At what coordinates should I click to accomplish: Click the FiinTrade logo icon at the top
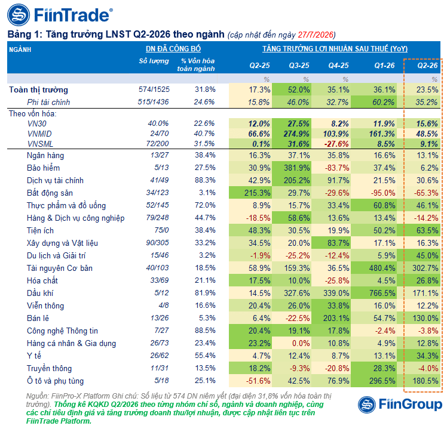pos(19,15)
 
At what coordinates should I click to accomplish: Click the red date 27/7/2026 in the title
pos(316,35)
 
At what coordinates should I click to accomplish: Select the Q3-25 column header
pos(299,66)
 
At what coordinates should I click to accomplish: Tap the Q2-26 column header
pos(427,66)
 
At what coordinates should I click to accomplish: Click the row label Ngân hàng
pos(45,156)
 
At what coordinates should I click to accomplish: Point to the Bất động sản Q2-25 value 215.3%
pos(257,193)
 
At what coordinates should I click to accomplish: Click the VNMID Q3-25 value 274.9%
pos(296,134)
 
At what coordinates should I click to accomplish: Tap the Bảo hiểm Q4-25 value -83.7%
pos(337,168)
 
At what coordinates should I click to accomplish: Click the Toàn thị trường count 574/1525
pos(154,89)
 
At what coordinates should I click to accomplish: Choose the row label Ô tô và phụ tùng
pos(56,381)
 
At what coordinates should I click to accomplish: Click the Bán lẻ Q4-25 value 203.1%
pos(336,318)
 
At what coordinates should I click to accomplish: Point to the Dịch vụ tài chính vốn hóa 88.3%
pos(205,180)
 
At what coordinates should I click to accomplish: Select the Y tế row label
pos(34,356)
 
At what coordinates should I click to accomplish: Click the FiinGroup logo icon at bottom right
pos(367,405)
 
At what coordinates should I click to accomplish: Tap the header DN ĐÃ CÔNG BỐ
pos(173,49)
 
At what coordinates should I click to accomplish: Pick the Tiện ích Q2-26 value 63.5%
pos(427,230)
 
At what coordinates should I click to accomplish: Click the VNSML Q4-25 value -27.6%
pos(336,144)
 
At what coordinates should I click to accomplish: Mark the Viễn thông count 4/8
pos(164,305)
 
